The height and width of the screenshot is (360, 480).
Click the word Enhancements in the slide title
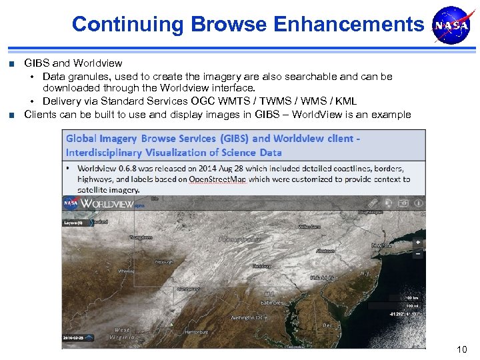(x=349, y=25)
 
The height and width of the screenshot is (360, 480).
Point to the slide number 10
(x=461, y=349)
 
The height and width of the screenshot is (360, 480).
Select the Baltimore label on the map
(x=272, y=303)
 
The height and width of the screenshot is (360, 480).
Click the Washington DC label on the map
(x=247, y=318)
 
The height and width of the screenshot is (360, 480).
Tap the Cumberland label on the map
(x=191, y=289)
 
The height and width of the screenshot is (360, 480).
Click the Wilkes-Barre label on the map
(x=310, y=227)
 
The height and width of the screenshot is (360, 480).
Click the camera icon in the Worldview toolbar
(x=403, y=203)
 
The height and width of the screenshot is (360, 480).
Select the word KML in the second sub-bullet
(x=346, y=101)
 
